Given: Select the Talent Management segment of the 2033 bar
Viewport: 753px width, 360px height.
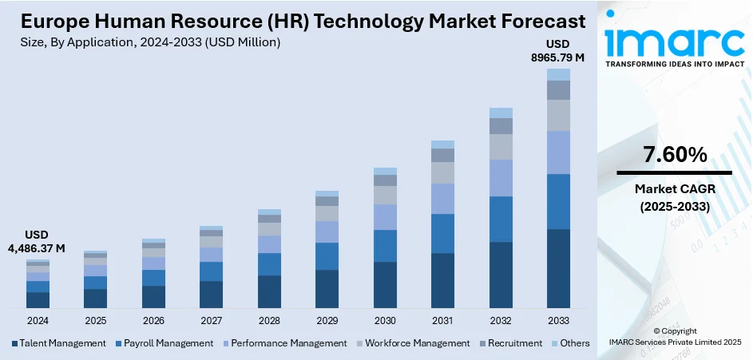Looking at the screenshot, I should click(558, 268).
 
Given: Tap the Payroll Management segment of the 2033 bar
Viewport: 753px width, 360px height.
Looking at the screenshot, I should click(558, 201).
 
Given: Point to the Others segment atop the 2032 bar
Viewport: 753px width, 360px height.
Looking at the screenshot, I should click(501, 113).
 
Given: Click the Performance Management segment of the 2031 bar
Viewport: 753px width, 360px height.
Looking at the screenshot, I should click(442, 199).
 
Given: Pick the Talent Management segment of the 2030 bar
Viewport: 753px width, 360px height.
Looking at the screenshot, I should click(385, 284).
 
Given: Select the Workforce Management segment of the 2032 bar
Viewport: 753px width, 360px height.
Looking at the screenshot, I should click(501, 147).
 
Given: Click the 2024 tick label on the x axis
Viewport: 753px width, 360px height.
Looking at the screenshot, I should click(38, 320).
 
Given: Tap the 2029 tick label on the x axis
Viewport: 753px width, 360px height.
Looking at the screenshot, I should click(327, 320).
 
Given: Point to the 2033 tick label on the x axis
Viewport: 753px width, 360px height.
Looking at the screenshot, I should click(558, 320).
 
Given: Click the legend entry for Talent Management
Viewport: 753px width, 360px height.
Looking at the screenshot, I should click(58, 343).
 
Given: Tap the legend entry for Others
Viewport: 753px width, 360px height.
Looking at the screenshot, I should click(570, 343).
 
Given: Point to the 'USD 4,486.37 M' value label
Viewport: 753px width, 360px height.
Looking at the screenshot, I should click(37, 241).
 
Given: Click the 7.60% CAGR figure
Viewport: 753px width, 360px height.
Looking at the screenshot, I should click(675, 155).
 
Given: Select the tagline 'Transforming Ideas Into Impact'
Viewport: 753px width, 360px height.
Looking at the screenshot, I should click(675, 65).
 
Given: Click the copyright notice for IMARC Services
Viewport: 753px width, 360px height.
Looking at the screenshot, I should click(675, 336).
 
